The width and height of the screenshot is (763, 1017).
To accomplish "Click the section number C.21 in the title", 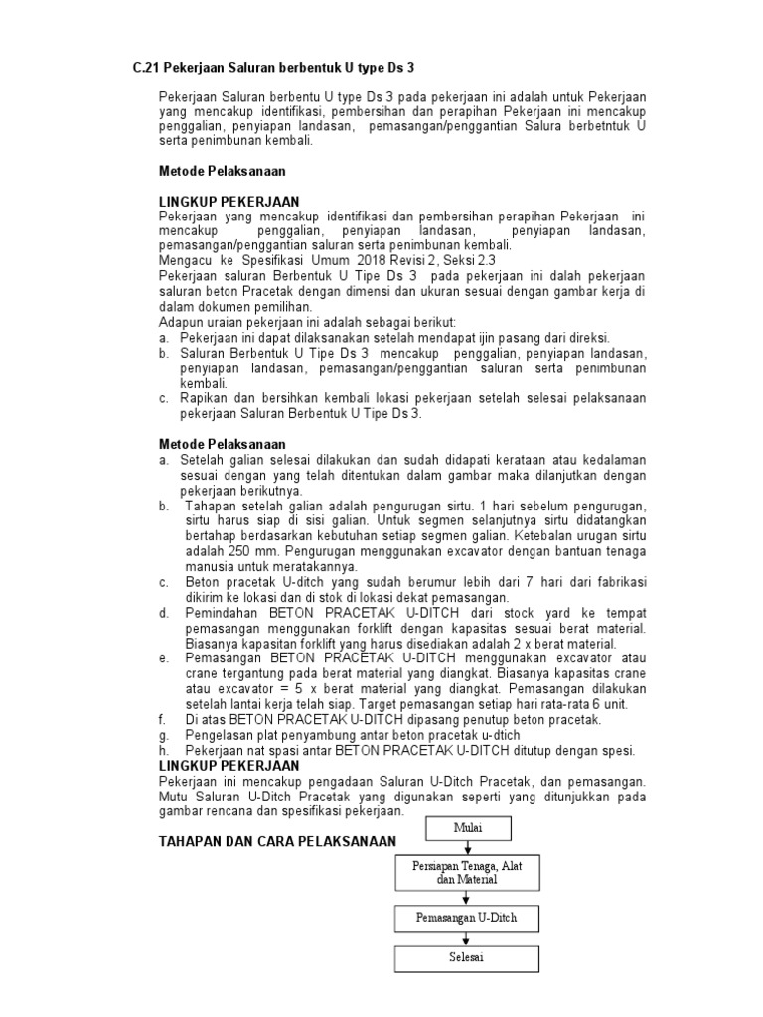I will coord(147,68).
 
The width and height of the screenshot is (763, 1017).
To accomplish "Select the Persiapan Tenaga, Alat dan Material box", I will coord(466,873).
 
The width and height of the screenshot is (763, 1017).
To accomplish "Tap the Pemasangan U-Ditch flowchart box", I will coord(466,918).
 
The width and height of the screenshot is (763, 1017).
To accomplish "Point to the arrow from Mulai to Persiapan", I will coord(466,846).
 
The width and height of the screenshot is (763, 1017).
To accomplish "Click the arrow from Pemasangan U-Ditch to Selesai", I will coord(466,938).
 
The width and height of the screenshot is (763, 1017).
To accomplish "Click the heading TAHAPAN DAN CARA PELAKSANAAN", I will coord(278,842).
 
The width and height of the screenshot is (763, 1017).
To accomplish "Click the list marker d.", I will coord(164,614).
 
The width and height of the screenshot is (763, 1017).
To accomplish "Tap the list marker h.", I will coord(164,751).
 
